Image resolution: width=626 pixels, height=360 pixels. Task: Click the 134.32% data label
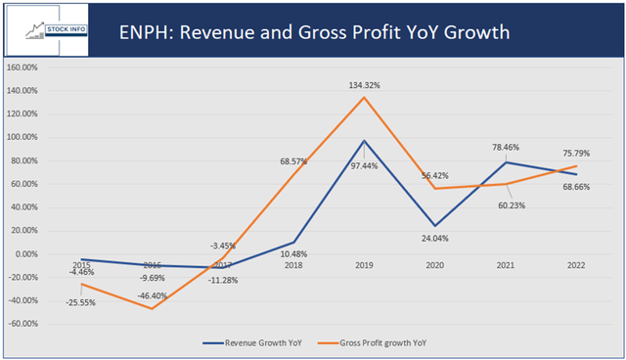click(363, 85)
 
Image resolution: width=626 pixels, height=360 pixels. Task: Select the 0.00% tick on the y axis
click(26, 254)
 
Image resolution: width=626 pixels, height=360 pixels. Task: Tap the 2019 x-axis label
click(363, 265)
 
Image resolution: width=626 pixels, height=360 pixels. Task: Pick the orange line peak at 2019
click(363, 97)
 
